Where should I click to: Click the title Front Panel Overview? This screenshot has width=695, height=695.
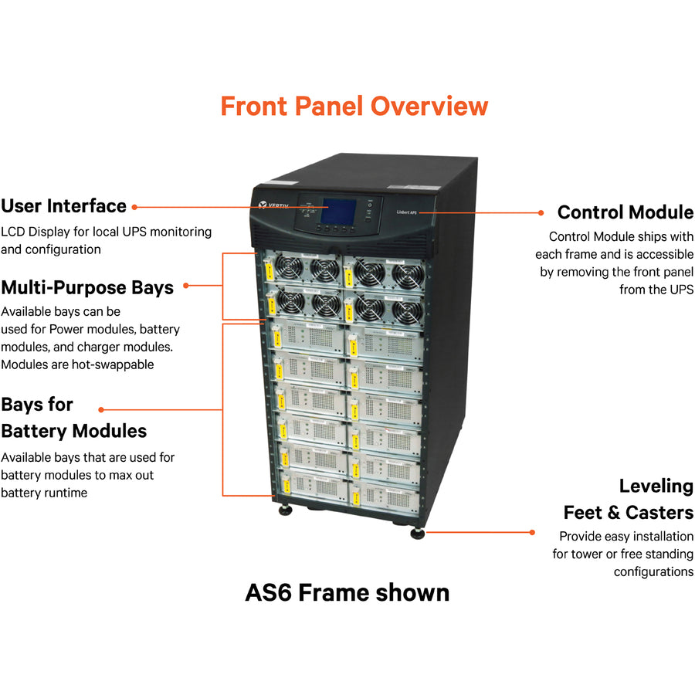(x=354, y=106)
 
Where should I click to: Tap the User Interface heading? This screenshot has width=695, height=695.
(x=63, y=206)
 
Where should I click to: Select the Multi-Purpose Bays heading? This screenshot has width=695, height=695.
(x=87, y=288)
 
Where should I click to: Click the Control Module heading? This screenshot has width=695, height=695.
(x=625, y=212)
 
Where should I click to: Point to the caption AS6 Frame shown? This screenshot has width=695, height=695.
(x=347, y=592)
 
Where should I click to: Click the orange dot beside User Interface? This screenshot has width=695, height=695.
(x=134, y=207)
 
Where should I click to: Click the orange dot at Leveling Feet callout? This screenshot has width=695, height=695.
(x=532, y=532)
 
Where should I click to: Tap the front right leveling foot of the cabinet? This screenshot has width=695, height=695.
(x=418, y=533)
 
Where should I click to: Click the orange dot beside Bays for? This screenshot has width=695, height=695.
(x=101, y=409)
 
